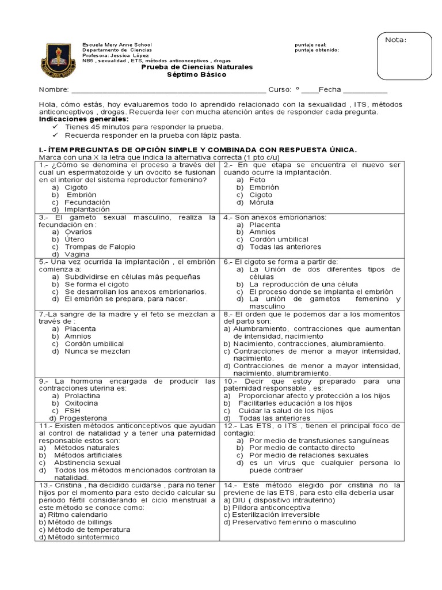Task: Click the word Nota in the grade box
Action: [396, 40]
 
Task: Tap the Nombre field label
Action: [54, 90]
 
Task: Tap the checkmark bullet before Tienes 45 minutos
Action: [56, 126]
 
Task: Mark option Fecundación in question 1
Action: [87, 202]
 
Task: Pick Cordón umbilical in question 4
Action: [279, 239]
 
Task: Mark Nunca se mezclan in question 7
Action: [97, 351]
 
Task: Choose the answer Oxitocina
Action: [81, 403]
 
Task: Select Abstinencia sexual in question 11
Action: [87, 462]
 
